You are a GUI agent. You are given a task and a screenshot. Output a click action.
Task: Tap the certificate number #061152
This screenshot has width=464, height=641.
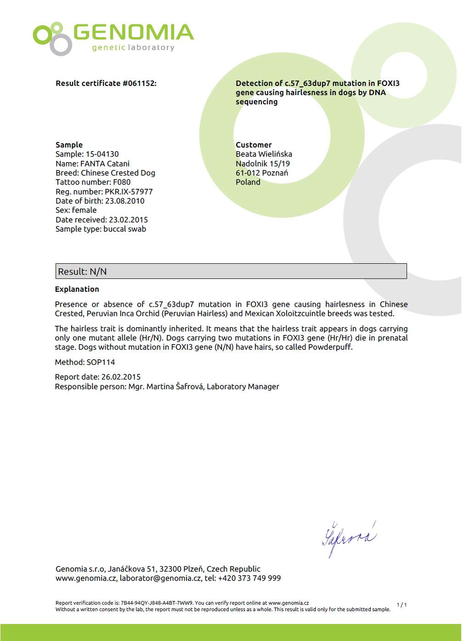pyautogui.click(x=139, y=83)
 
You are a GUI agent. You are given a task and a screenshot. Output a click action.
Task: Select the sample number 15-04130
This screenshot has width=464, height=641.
pyautogui.click(x=102, y=154)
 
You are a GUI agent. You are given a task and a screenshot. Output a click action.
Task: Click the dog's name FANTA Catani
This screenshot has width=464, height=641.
pyautogui.click(x=105, y=164)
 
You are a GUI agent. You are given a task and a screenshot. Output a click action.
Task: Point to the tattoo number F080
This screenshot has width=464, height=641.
pyautogui.click(x=122, y=182)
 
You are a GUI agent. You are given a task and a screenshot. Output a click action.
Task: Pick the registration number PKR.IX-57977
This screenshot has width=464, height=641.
pyautogui.click(x=129, y=192)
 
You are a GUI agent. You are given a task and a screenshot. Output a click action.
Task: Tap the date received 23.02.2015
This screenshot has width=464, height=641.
pyautogui.click(x=128, y=220)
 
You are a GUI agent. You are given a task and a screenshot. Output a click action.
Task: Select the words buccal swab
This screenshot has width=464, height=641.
pyautogui.click(x=124, y=229)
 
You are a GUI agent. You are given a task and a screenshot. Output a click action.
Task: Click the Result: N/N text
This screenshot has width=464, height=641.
pyautogui.click(x=82, y=272)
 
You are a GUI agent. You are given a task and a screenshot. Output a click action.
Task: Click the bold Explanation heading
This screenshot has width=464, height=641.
pyautogui.click(x=77, y=289)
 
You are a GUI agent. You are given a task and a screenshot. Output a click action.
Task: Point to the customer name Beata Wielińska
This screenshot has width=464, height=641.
pyautogui.click(x=264, y=154)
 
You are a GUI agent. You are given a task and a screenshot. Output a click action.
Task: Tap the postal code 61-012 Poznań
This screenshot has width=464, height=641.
pyautogui.click(x=262, y=173)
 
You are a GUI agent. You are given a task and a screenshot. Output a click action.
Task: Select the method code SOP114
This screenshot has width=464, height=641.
pyautogui.click(x=101, y=362)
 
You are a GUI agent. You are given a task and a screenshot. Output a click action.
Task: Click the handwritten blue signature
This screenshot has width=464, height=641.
pyautogui.click(x=349, y=539)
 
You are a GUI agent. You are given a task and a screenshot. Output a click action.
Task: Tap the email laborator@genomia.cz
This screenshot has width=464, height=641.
pyautogui.click(x=160, y=578)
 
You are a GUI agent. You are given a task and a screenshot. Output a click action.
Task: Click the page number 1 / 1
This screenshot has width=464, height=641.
pyautogui.click(x=402, y=605)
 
